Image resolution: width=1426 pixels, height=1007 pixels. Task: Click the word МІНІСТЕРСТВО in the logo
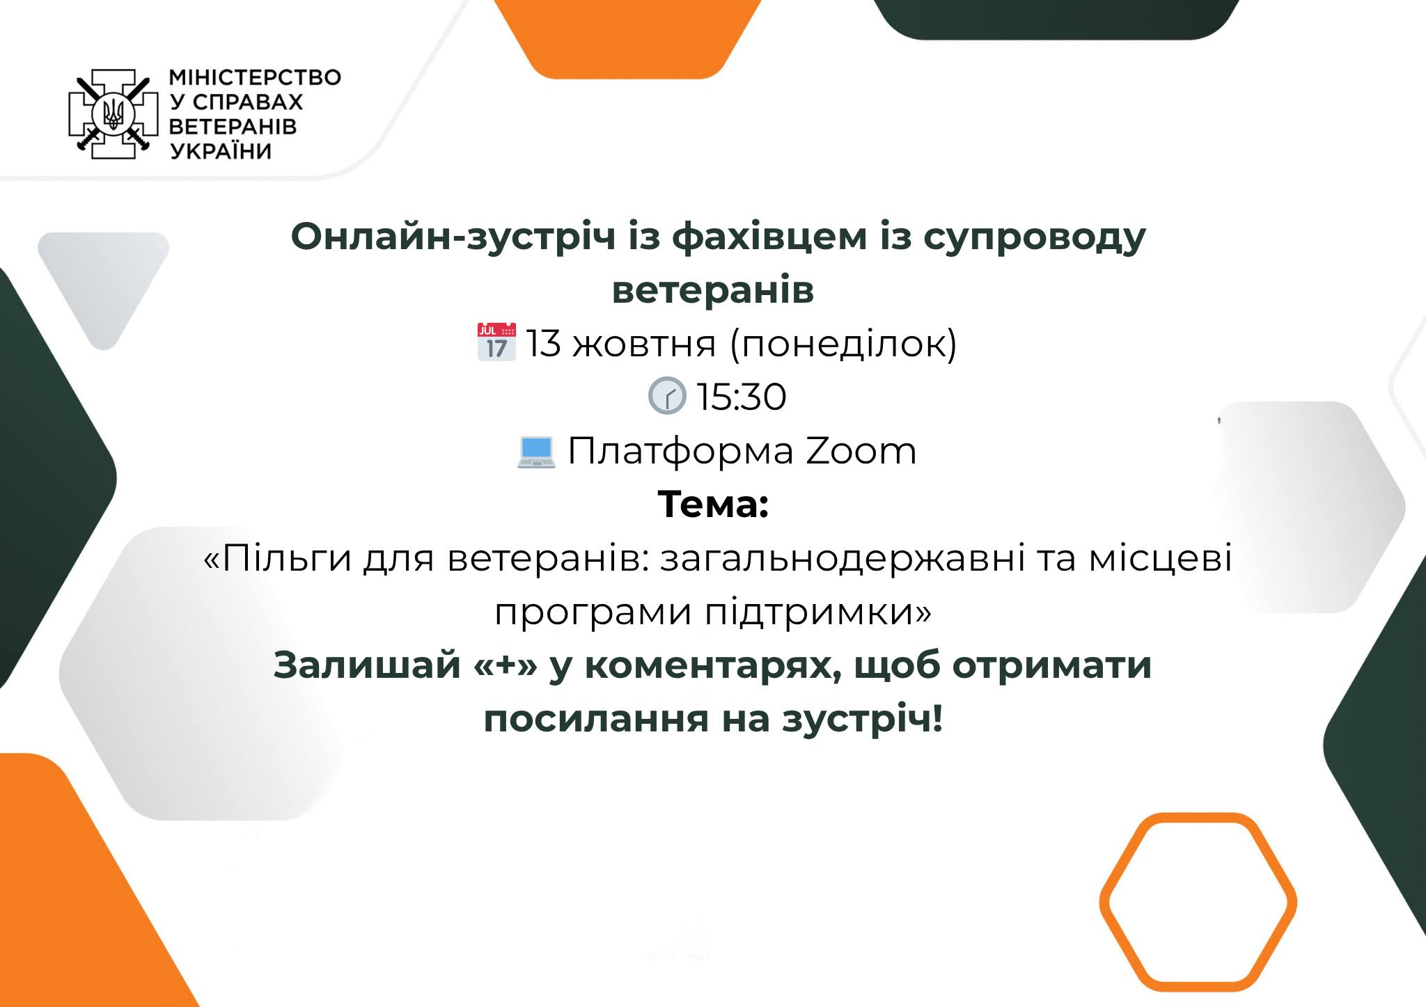tap(256, 77)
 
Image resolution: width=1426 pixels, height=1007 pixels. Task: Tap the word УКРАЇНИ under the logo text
tap(221, 151)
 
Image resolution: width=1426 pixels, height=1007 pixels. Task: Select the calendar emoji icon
tap(496, 342)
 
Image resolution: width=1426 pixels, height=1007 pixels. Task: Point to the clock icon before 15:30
tap(666, 396)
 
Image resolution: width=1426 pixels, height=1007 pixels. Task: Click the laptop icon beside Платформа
tap(535, 452)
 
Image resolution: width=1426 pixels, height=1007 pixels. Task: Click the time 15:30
tap(741, 397)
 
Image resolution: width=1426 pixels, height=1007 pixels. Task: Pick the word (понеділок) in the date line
tap(843, 343)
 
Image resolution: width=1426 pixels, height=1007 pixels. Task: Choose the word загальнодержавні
tap(842, 559)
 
